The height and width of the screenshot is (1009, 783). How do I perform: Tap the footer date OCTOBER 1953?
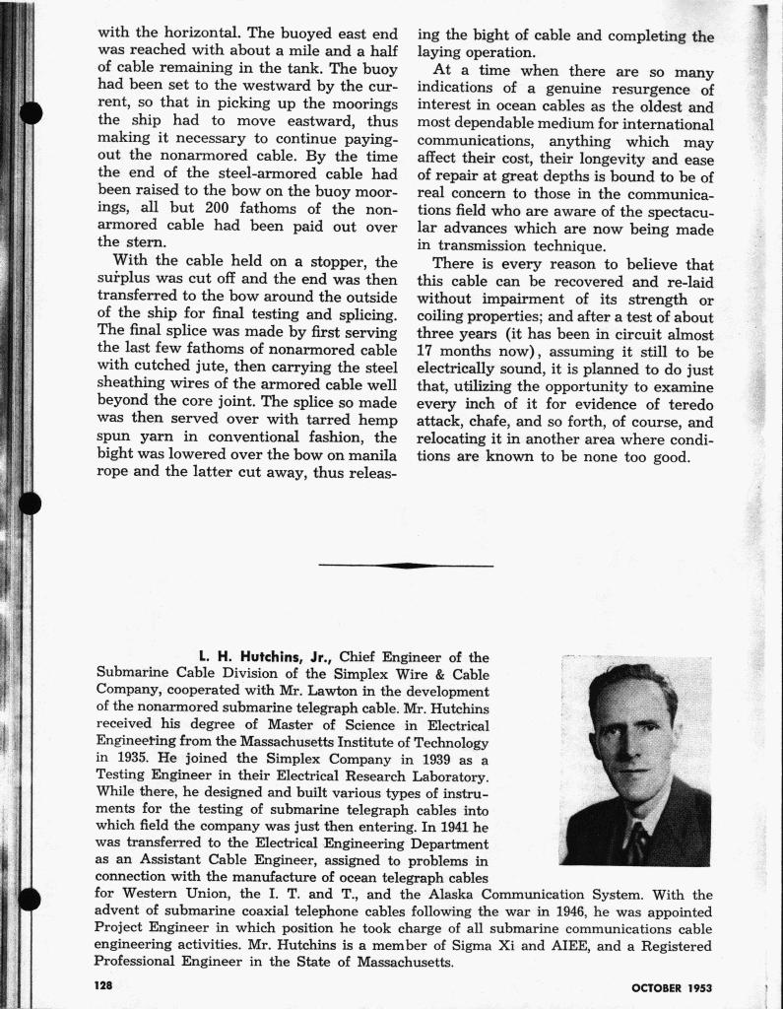[671, 987]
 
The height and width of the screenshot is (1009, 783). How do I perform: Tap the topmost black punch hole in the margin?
[31, 111]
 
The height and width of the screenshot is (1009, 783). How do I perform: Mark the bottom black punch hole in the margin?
[31, 901]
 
